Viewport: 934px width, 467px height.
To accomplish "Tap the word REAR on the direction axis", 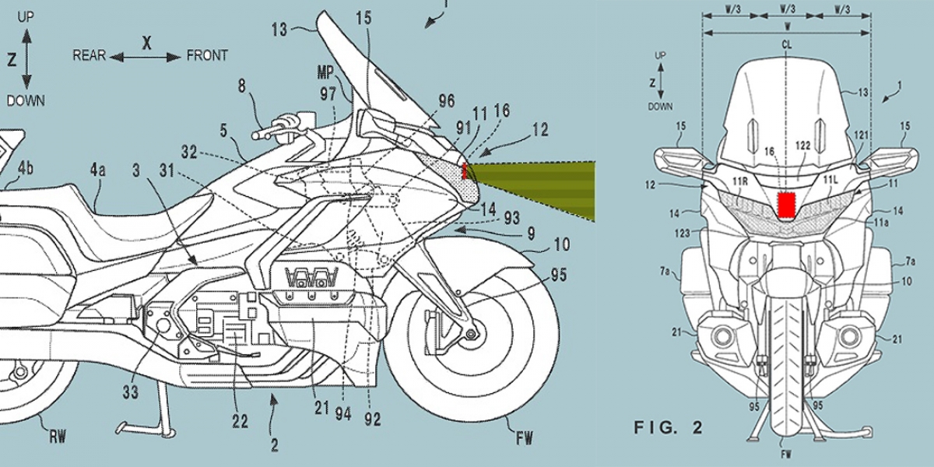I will (x=88, y=55).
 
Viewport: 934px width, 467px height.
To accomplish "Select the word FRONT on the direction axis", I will (x=207, y=55).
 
